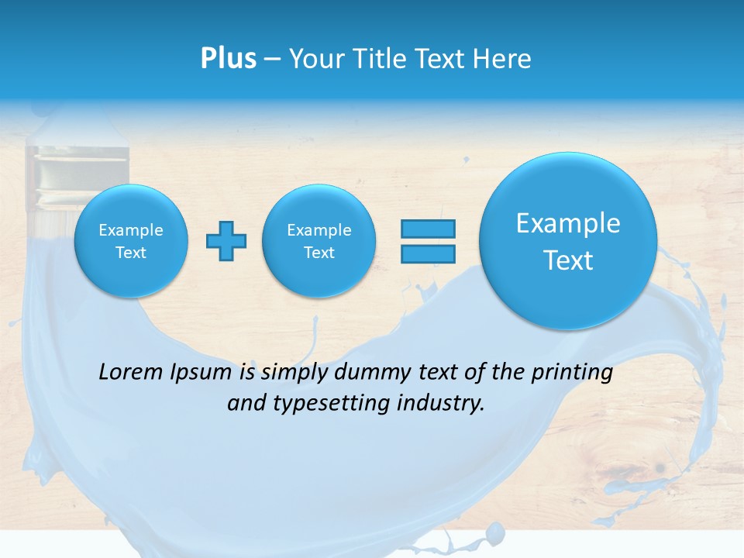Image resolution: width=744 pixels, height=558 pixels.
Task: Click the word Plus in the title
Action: (x=228, y=59)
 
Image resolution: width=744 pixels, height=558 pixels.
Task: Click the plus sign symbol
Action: (x=226, y=241)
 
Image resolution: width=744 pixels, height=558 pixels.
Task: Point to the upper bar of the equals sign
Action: (x=428, y=229)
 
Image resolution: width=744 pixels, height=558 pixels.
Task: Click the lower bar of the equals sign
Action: (x=428, y=253)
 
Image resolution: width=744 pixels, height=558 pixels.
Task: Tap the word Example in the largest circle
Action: (x=568, y=223)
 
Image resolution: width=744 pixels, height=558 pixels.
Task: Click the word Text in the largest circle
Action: (x=568, y=260)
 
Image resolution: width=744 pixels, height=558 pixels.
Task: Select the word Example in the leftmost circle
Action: (x=131, y=230)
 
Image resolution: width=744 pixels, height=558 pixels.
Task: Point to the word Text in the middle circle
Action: (x=319, y=253)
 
